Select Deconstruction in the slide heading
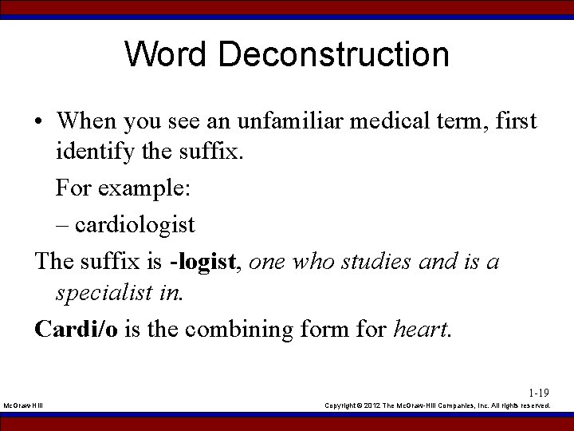click(333, 55)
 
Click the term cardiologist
click(135, 225)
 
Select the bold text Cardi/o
click(75, 329)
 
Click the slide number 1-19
click(539, 393)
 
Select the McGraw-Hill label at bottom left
click(24, 406)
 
